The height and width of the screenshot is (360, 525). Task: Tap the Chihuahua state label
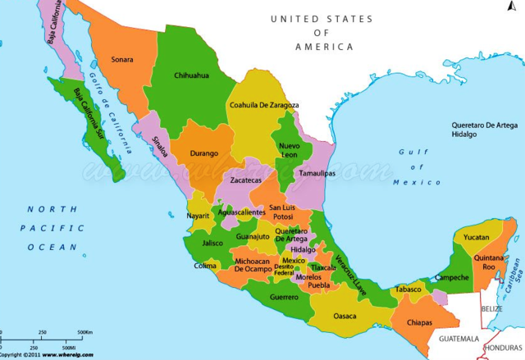point(191,75)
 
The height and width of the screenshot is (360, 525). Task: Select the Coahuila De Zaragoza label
point(263,105)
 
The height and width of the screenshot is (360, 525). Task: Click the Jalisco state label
point(213,243)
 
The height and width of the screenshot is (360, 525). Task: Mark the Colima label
point(205,266)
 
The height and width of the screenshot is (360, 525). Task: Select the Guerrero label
point(284,296)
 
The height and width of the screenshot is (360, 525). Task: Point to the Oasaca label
point(345,316)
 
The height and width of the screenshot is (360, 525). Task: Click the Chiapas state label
point(418,322)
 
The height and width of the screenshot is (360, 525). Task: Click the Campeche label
point(451,277)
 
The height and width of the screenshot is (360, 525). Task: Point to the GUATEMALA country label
point(458,338)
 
